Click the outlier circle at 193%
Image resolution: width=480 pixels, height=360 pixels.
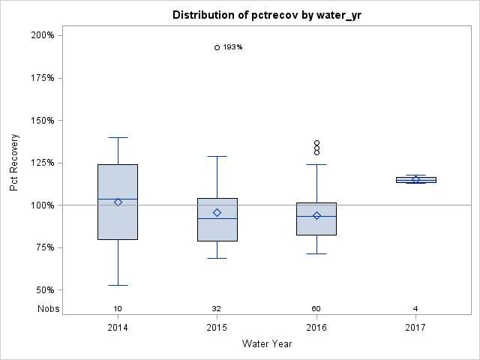(x=217, y=47)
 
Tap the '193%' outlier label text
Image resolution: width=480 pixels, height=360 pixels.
(x=233, y=47)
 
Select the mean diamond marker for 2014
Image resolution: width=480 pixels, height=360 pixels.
(x=118, y=202)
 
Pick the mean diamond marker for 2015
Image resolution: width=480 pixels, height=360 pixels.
(x=217, y=212)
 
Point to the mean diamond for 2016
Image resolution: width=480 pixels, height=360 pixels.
(x=316, y=215)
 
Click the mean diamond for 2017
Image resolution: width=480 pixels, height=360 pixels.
(x=415, y=179)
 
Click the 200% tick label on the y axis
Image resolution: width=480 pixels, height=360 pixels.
(x=42, y=35)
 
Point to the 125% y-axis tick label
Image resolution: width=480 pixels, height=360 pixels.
(x=42, y=163)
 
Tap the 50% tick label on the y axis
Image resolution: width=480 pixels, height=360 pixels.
(x=44, y=290)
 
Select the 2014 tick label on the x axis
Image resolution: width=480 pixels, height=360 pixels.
(x=118, y=328)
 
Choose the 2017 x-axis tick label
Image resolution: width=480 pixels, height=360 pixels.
(x=415, y=328)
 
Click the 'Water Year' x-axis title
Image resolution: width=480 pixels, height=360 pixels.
(x=267, y=344)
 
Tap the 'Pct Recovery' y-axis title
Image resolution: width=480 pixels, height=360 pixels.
(x=14, y=163)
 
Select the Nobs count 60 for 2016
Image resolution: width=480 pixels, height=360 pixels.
(x=316, y=309)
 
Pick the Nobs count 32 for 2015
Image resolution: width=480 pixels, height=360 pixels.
(x=217, y=309)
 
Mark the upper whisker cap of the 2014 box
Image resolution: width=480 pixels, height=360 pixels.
(x=118, y=137)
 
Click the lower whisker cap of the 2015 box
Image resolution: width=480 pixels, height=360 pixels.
(x=217, y=258)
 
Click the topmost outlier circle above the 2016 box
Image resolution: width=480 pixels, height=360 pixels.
(x=316, y=142)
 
